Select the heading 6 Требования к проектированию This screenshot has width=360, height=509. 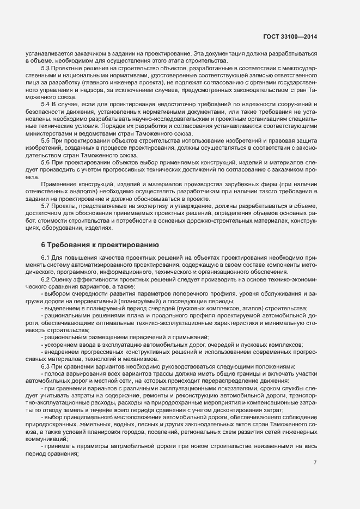(x=100, y=246)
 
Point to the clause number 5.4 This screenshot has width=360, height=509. (x=46, y=103)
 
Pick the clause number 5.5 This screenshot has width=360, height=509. (x=46, y=140)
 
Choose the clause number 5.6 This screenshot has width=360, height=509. (x=46, y=163)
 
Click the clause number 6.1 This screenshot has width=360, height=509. (x=46, y=258)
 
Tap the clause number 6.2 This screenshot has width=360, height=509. (x=46, y=279)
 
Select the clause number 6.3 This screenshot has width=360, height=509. (x=46, y=366)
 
